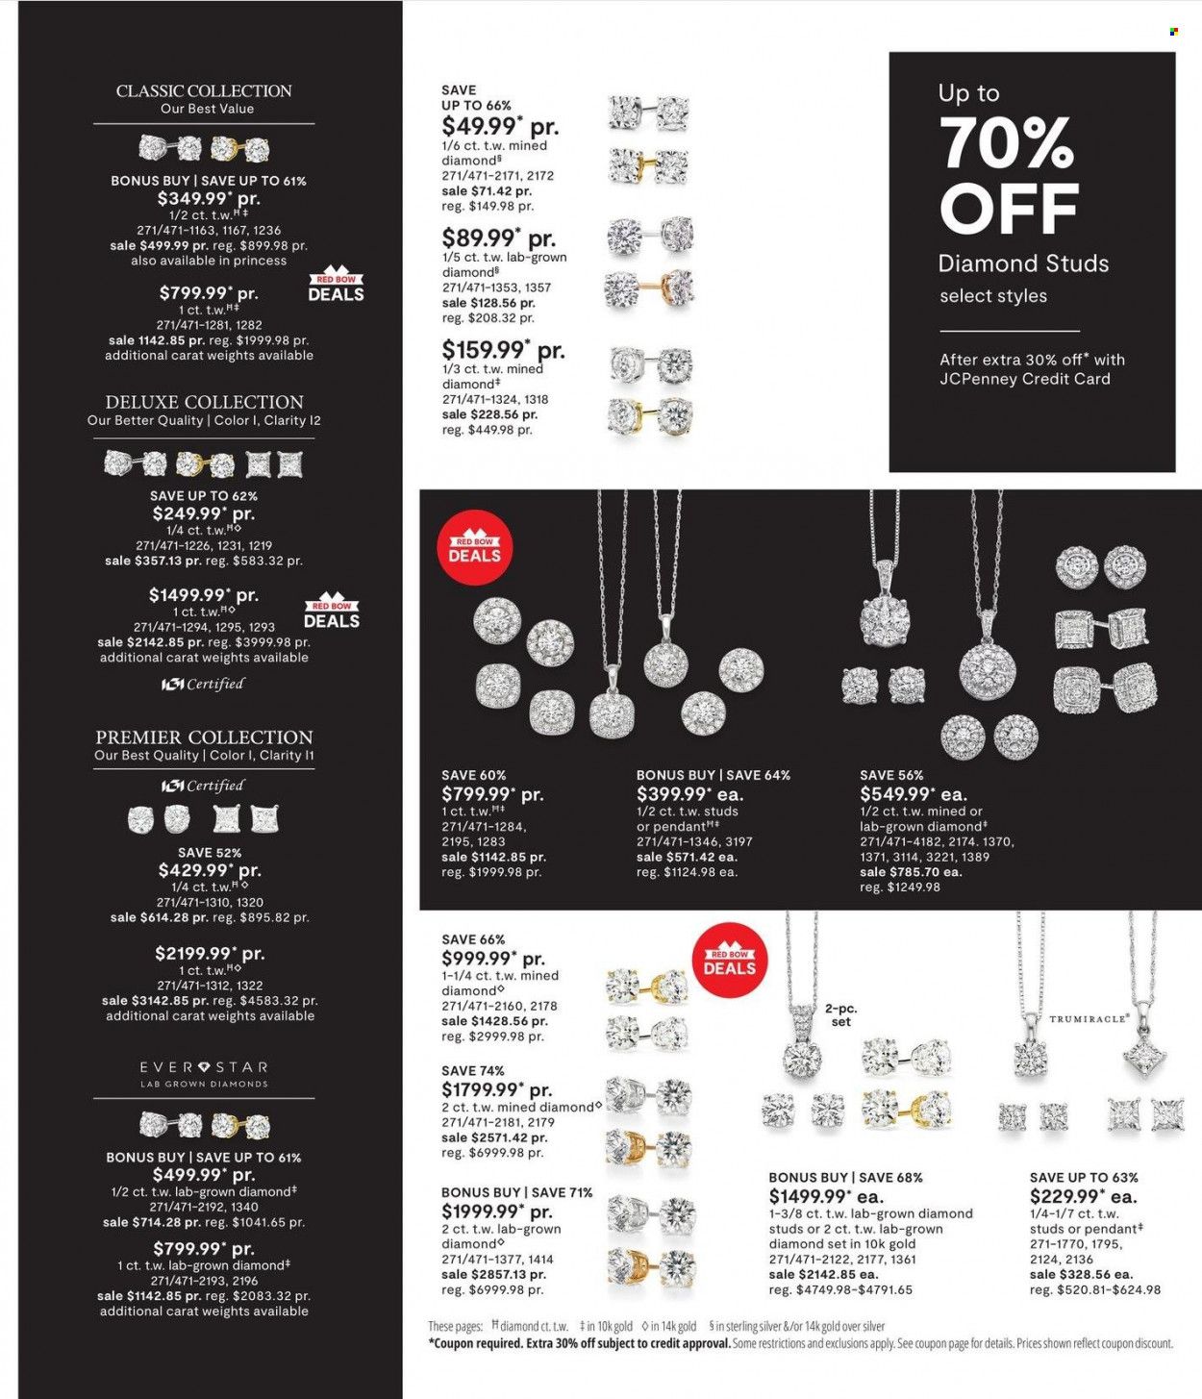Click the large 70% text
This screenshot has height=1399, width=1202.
[1006, 143]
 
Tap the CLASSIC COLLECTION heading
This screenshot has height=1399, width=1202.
[204, 91]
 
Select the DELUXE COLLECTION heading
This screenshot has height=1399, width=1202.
[204, 402]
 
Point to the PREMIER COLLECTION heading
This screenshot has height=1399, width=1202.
[204, 737]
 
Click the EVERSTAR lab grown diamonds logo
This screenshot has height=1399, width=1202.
[204, 1073]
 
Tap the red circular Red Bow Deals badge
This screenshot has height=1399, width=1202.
[474, 549]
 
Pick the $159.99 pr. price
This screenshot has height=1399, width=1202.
[503, 350]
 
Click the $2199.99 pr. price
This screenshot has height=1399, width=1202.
[210, 954]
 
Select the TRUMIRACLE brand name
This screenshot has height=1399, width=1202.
[1089, 1018]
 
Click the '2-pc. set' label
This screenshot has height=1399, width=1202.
[840, 1015]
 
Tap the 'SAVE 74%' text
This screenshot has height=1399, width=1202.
[473, 1070]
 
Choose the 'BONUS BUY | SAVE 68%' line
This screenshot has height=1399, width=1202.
[845, 1177]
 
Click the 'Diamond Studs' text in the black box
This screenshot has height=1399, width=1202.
[1023, 263]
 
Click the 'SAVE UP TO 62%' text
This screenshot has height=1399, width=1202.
[204, 496]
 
